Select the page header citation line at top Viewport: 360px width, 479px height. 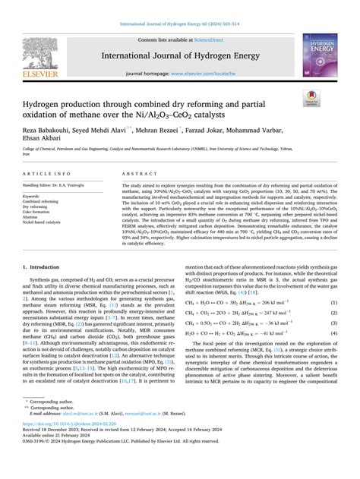179,8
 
